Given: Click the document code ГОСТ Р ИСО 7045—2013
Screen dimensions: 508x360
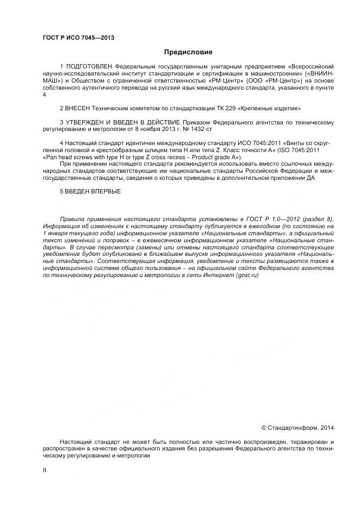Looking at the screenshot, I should point(78,37).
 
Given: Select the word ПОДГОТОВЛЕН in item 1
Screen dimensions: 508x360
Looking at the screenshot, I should point(90,67).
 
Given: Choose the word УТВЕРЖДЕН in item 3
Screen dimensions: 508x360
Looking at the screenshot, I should point(86,123).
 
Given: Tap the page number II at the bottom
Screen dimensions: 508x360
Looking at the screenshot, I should point(45,471).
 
